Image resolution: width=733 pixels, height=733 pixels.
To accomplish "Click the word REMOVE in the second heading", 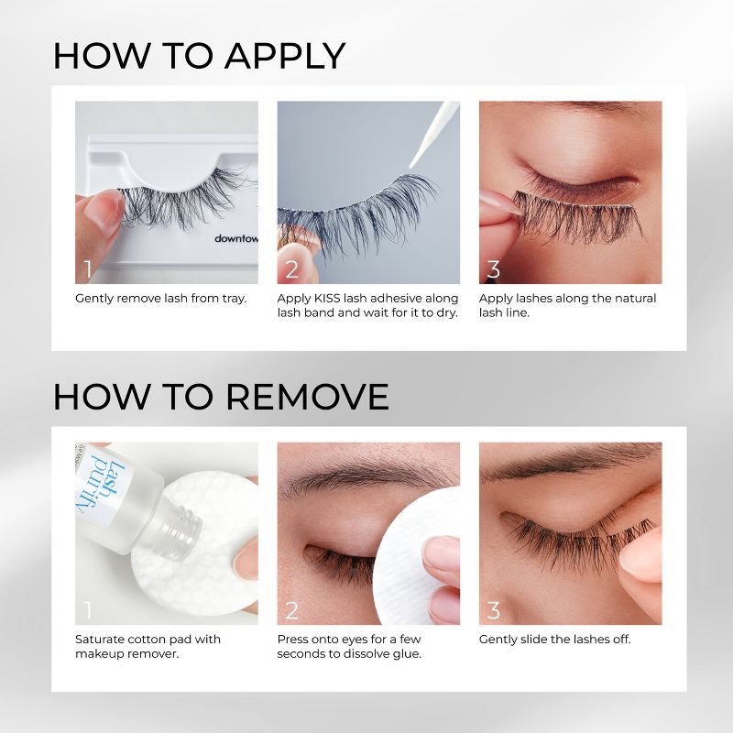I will [x=307, y=396].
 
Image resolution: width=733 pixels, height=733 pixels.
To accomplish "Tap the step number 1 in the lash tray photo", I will [x=88, y=268].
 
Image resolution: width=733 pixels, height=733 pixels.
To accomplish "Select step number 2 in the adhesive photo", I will [x=291, y=268].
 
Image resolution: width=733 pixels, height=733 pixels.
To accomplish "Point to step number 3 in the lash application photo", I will [x=493, y=268].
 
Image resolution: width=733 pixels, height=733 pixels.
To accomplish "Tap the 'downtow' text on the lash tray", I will [x=235, y=238].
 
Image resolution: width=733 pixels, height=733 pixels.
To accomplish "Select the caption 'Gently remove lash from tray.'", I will [x=160, y=299].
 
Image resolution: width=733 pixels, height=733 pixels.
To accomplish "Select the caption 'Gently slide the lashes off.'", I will [x=554, y=640].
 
